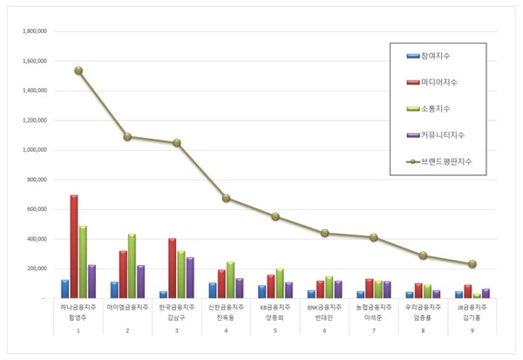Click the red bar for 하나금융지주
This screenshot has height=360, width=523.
74,247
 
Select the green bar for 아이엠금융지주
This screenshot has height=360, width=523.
132,266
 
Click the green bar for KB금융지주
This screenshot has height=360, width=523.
281,283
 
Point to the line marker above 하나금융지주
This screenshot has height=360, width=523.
78,71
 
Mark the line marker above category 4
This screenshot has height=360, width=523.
227,198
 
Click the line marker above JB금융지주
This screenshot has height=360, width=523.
472,263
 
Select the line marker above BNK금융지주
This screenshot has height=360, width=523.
324,233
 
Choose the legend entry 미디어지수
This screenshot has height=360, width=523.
438,83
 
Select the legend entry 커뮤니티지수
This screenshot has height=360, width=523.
440,135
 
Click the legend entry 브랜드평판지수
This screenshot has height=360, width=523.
444,161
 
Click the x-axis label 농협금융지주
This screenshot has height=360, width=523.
373,308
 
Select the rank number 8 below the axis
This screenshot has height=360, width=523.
423,331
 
